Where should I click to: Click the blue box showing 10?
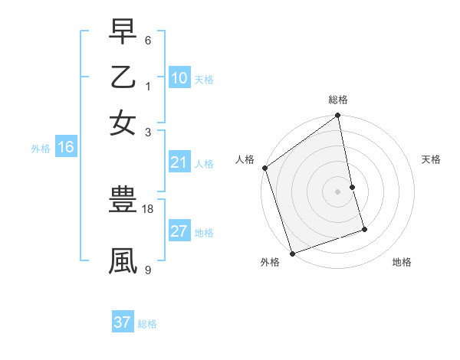[179, 78]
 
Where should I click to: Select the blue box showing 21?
[179, 162]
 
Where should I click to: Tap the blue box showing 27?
[179, 231]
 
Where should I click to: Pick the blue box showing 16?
[65, 148]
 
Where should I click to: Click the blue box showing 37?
[123, 322]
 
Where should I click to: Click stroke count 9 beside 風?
[148, 270]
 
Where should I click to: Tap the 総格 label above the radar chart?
[338, 100]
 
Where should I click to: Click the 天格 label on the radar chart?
[432, 159]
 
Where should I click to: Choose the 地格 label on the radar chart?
[402, 262]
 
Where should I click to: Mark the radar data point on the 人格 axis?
[265, 168]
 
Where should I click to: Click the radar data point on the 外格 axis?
[292, 254]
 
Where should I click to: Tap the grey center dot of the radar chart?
[338, 191]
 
